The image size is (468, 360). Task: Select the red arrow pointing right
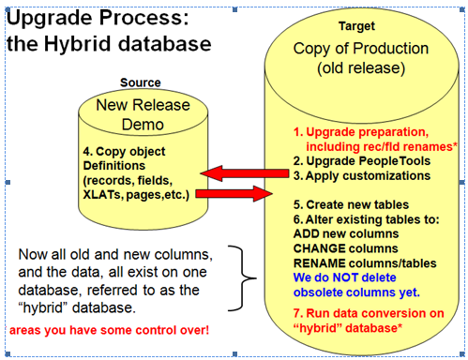(235, 195)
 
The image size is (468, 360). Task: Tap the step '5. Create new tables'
(351, 203)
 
